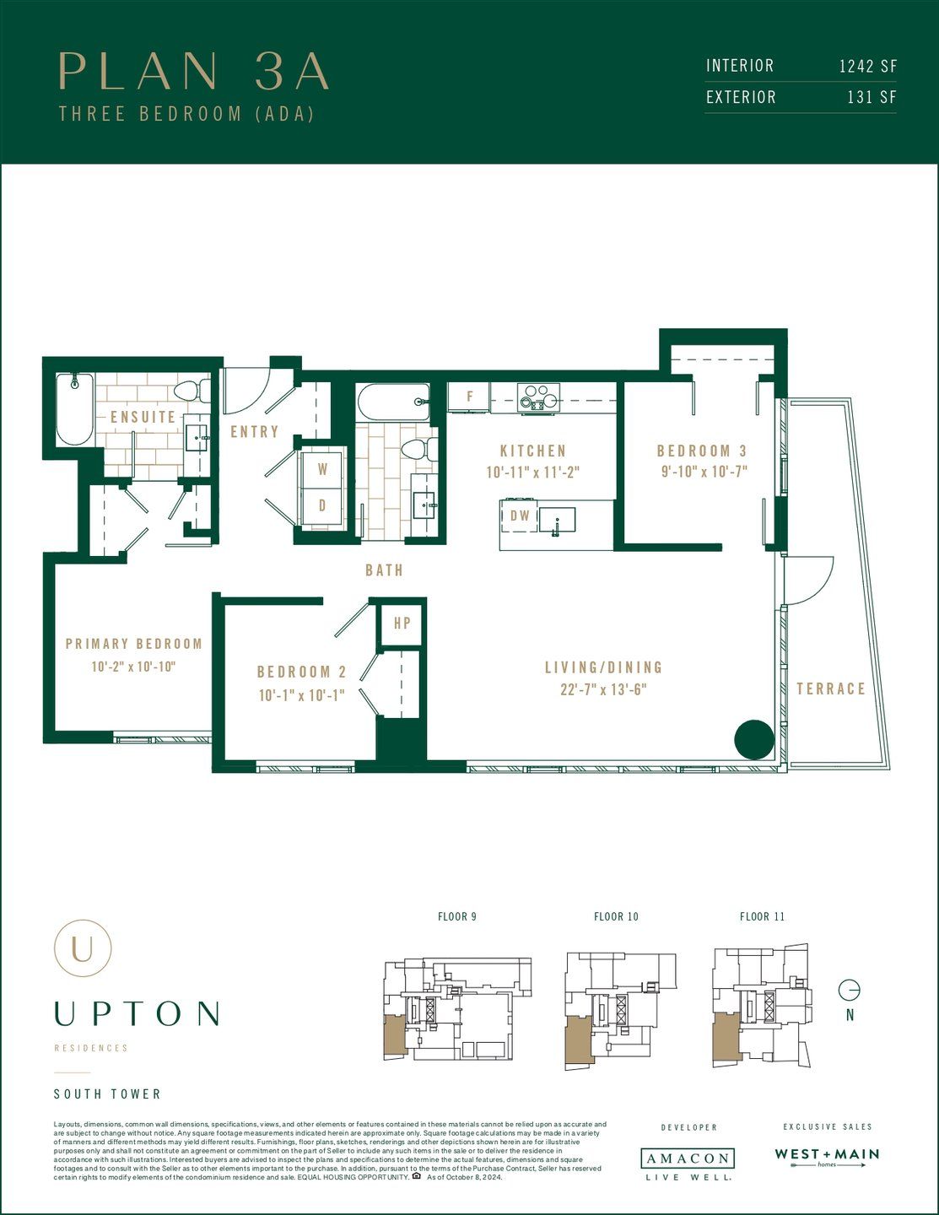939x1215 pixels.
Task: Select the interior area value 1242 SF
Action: (x=867, y=66)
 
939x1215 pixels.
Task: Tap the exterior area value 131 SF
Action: (x=872, y=97)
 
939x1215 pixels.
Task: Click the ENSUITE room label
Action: (x=143, y=417)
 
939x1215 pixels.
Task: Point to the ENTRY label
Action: (x=254, y=431)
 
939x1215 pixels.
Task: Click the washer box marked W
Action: (x=322, y=469)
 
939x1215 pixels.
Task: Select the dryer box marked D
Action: (x=322, y=506)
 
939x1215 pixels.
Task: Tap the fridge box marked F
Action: (x=469, y=396)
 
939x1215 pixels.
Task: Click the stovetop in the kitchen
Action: (x=538, y=397)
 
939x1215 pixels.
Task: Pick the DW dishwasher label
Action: (x=520, y=516)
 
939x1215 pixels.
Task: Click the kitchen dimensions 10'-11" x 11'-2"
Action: (x=532, y=472)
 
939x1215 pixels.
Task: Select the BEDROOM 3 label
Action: (x=701, y=451)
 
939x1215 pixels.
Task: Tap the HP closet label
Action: (x=402, y=623)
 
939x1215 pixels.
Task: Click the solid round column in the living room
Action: (x=753, y=740)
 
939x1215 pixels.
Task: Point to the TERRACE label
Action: (x=831, y=688)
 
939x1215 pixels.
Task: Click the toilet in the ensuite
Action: (x=191, y=392)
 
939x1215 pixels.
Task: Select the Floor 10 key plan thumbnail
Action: (x=619, y=1011)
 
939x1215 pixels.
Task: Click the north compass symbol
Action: (x=850, y=990)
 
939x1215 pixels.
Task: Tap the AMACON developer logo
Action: (x=687, y=1158)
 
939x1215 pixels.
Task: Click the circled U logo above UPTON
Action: (x=83, y=948)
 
